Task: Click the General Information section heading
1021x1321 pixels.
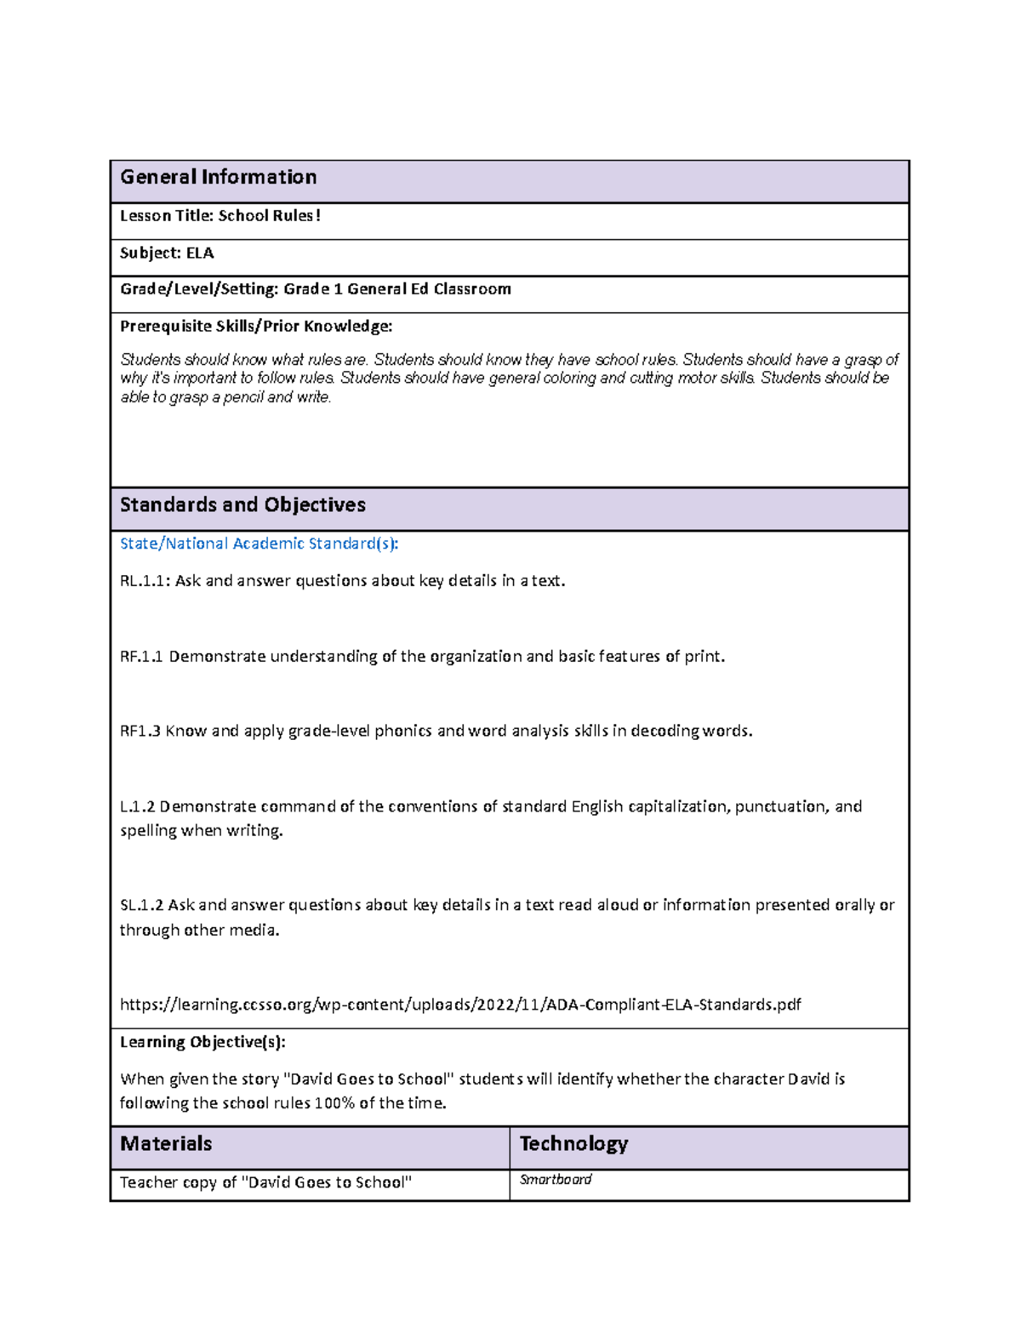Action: coord(218,177)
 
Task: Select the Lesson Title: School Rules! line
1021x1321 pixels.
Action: coord(220,216)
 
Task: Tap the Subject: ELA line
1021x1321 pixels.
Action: coord(167,253)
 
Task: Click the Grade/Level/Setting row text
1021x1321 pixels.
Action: coord(315,289)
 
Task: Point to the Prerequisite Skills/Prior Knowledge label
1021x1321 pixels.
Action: coord(256,326)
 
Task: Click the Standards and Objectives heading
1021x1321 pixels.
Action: coord(242,505)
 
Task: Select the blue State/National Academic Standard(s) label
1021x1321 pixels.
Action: coord(259,544)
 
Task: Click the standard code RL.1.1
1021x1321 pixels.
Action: coord(145,581)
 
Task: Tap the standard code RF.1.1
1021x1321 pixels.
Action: coord(141,657)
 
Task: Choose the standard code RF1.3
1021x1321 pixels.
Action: coord(140,732)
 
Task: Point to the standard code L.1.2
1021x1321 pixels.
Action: coord(137,806)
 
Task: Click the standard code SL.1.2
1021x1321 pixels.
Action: coord(141,905)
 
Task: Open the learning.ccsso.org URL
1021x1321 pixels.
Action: coord(459,1005)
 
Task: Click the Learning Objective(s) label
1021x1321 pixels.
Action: coord(202,1042)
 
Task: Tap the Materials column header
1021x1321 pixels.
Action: coord(166,1144)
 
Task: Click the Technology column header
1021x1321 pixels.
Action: coord(573,1144)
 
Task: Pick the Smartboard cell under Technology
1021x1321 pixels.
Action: coord(556,1180)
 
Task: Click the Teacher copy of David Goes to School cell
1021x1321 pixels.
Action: coord(265,1182)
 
